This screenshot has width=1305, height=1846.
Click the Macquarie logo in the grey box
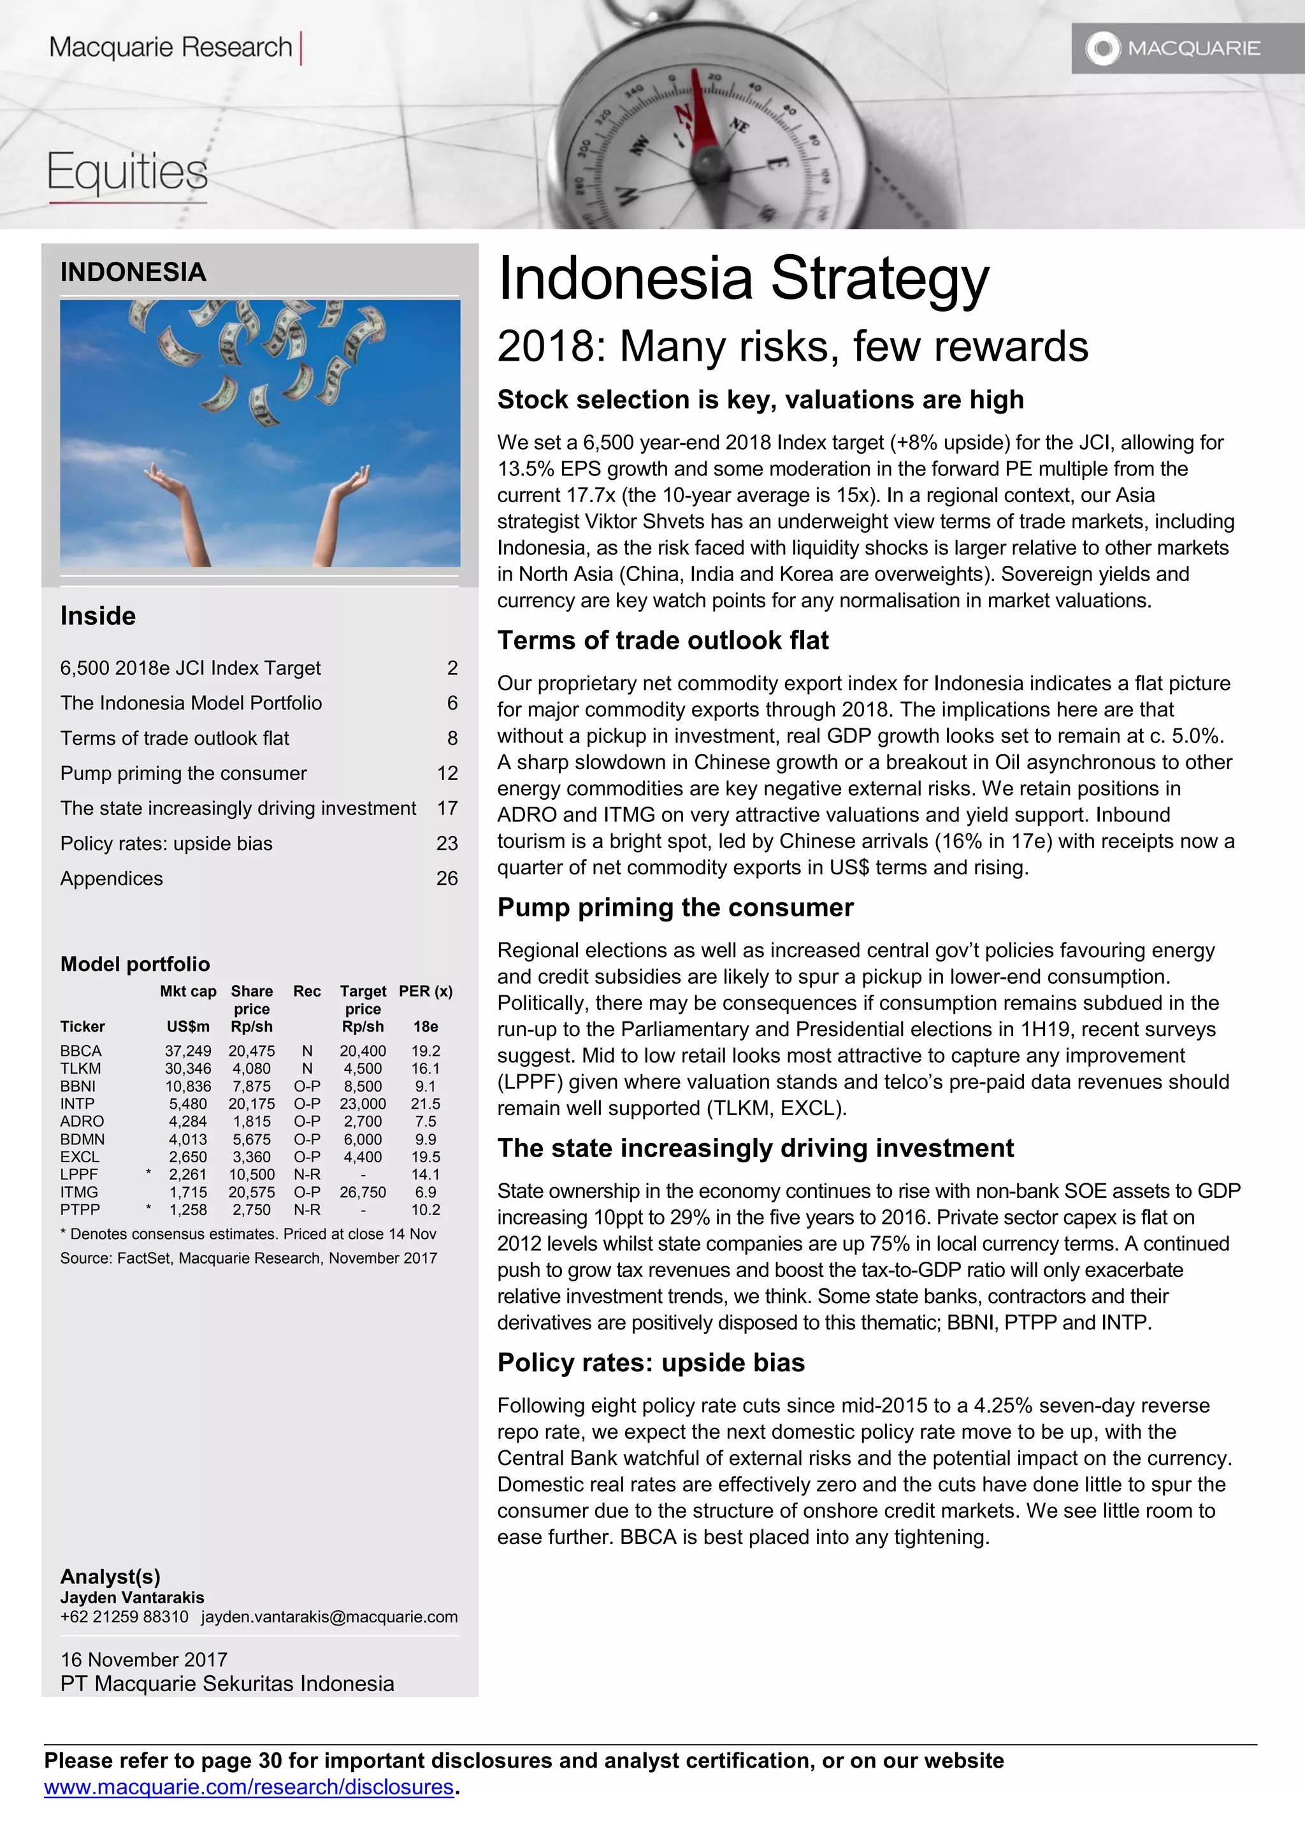(1174, 48)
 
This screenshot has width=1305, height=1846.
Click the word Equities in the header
(127, 172)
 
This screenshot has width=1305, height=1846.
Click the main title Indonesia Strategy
(743, 278)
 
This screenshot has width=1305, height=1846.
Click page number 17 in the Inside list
(447, 808)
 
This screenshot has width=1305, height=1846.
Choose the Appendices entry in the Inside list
(112, 878)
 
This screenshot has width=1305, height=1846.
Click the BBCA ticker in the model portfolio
(80, 1051)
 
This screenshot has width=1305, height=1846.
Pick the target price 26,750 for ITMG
(363, 1192)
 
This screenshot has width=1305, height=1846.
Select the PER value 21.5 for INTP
(426, 1104)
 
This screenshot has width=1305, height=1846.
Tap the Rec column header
(306, 992)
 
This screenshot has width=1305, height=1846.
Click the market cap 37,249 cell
(188, 1051)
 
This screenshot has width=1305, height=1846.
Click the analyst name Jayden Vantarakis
(132, 1597)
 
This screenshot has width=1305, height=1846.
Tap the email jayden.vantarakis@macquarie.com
(329, 1617)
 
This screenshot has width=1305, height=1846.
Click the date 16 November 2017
(144, 1659)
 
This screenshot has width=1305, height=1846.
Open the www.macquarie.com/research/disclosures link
(249, 1787)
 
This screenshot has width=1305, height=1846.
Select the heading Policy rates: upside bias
(651, 1363)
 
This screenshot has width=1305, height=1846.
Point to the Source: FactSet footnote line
(249, 1258)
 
